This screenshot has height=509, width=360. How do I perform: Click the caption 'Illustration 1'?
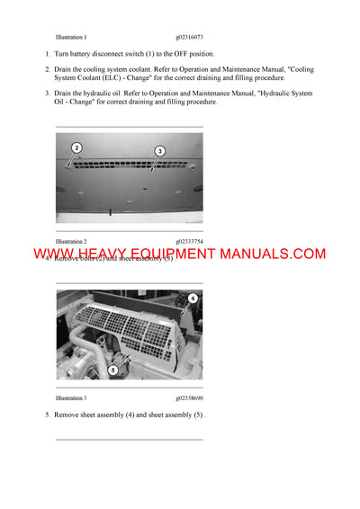tap(71, 37)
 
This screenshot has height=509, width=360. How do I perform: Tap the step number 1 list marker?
tap(47, 54)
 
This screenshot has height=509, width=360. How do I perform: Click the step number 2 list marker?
tap(47, 69)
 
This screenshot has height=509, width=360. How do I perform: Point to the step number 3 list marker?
tap(47, 93)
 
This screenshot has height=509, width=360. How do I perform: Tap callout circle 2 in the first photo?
tap(76, 147)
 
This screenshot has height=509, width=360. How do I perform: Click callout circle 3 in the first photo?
tap(159, 150)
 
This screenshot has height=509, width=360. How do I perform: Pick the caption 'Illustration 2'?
tap(71, 242)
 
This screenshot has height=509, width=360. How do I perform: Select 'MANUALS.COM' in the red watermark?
tap(269, 255)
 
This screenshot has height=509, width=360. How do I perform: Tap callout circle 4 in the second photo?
tap(193, 298)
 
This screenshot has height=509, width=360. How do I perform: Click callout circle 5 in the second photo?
tap(112, 369)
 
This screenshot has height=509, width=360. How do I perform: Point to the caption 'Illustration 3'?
tap(71, 397)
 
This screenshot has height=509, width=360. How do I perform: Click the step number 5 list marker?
tap(47, 415)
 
